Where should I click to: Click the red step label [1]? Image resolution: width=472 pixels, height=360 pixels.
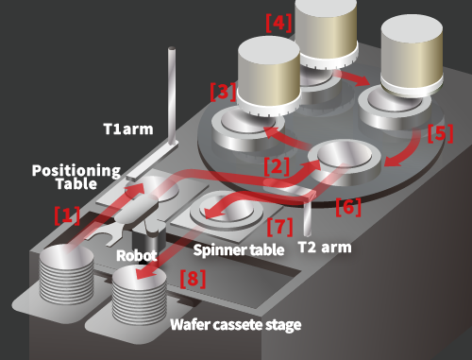click(x=67, y=215)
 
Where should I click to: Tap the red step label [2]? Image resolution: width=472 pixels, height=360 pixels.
click(x=277, y=166)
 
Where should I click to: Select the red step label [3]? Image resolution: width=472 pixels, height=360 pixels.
click(x=223, y=92)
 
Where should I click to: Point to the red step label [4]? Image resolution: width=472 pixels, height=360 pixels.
click(x=278, y=23)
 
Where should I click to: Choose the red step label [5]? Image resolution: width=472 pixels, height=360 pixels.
click(x=441, y=133)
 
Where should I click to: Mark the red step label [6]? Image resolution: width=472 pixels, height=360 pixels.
click(x=348, y=207)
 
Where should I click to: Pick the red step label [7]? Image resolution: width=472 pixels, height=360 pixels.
click(x=279, y=227)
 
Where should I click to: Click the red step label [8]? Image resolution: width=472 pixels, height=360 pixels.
click(x=193, y=279)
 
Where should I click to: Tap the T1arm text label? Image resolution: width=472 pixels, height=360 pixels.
click(x=128, y=129)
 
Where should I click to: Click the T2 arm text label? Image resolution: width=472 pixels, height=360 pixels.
click(x=325, y=248)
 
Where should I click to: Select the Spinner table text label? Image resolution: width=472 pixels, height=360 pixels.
click(x=239, y=250)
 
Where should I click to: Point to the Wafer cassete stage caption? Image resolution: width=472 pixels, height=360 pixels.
click(x=236, y=325)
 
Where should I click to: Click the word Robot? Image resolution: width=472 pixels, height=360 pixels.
click(x=137, y=255)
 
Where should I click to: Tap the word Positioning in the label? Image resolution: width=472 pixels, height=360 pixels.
click(x=76, y=170)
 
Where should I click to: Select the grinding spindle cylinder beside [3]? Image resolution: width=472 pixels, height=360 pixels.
click(x=269, y=76)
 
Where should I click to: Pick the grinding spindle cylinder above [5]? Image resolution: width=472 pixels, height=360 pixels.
click(x=412, y=55)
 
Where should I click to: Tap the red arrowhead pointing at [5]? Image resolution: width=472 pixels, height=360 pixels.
click(x=393, y=162)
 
